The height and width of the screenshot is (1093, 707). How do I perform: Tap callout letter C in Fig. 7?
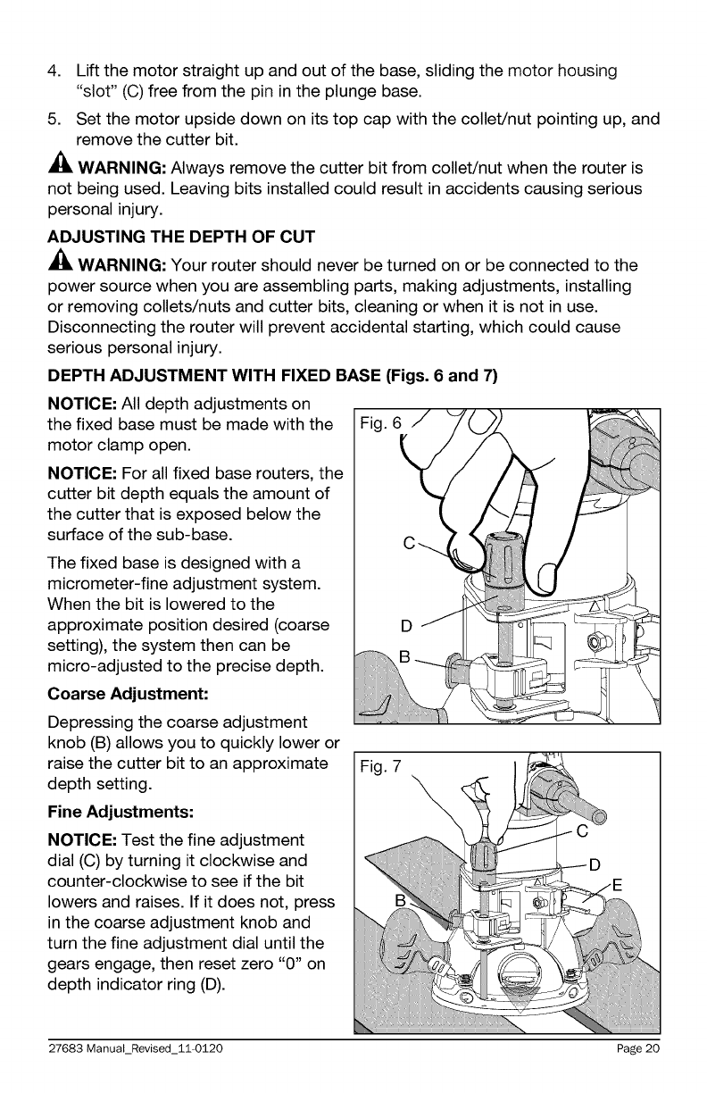pyautogui.click(x=581, y=832)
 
